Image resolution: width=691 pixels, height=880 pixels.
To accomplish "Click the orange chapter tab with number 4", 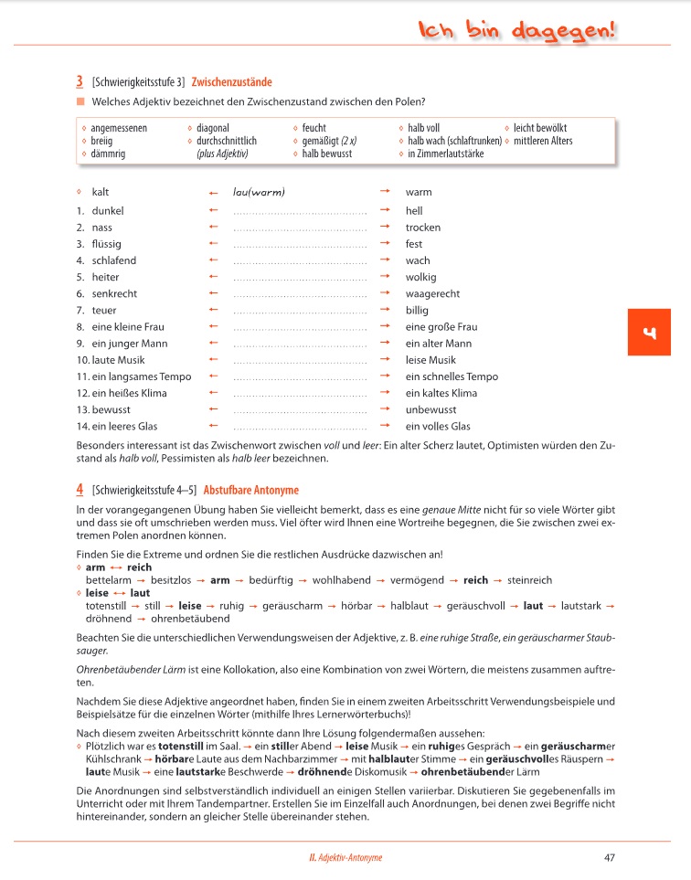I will pos(650,332).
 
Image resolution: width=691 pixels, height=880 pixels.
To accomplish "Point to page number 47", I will pos(610,857).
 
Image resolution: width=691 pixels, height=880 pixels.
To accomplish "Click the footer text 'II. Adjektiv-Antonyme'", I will pos(345,857).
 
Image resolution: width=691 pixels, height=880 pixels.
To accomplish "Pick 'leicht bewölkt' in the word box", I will pos(540,129).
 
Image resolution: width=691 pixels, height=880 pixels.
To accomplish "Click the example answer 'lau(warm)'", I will pos(260,192).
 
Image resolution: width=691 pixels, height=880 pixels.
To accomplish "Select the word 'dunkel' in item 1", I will pos(108,211).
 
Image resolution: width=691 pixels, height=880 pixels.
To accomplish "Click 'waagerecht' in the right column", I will pos(432,294).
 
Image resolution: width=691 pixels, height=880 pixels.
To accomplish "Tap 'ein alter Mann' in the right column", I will pos(439,344).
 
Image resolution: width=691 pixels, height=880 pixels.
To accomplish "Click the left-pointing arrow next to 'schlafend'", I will pos(213,260).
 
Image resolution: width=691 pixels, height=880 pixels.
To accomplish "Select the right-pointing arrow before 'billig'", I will pos(385,311).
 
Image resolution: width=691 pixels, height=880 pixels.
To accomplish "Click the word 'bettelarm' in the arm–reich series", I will pos(108,580).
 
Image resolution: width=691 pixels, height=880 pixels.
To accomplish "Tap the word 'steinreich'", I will pos(529,580).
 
